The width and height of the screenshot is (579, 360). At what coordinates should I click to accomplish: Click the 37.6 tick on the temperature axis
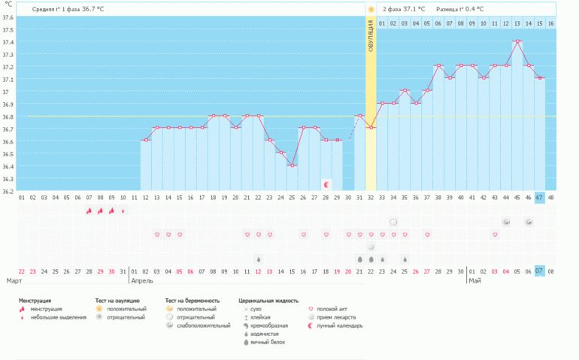point(8,17)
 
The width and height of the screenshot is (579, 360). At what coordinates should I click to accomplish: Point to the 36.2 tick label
point(8,191)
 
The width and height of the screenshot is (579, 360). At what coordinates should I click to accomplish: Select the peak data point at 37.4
point(517,41)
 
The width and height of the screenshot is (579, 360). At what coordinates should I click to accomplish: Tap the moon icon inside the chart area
point(326,184)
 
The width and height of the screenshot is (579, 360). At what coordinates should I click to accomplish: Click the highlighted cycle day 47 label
point(540,198)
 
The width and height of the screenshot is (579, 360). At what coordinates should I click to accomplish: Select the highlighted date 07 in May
point(540,271)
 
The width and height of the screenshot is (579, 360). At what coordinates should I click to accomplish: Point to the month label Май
point(475,281)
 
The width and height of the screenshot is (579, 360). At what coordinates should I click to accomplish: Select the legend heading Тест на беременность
point(192,300)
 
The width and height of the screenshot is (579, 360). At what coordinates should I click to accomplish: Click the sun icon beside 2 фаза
point(371,9)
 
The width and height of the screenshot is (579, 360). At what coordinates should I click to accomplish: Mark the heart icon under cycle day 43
point(495,234)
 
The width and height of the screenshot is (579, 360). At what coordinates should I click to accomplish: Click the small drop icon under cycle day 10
point(123,211)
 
